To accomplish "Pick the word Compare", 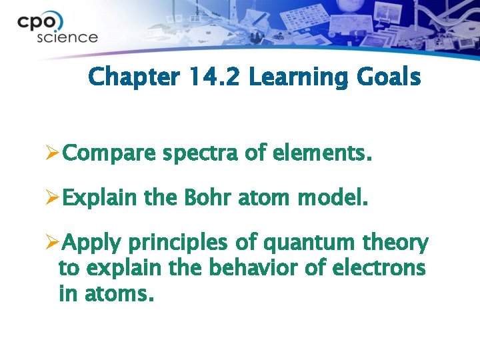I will coord(110,155).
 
